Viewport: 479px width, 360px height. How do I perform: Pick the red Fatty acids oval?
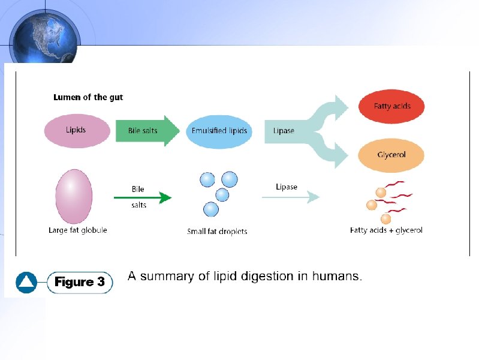tap(391, 107)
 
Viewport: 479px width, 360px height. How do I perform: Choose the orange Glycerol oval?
tap(391, 155)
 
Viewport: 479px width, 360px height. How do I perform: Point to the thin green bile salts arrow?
tap(142, 197)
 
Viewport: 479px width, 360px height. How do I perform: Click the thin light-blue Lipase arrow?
tap(290, 197)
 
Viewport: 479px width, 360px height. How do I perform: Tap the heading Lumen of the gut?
tap(88, 97)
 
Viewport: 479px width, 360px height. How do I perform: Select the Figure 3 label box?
tap(80, 282)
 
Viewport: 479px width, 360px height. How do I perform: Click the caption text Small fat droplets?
tap(217, 231)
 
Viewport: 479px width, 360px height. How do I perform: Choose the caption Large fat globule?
tap(77, 230)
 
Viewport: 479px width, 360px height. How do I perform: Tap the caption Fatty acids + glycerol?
tap(386, 230)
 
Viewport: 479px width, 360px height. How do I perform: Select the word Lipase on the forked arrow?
tap(284, 131)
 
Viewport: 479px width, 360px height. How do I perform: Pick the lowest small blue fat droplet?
tap(210, 209)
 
